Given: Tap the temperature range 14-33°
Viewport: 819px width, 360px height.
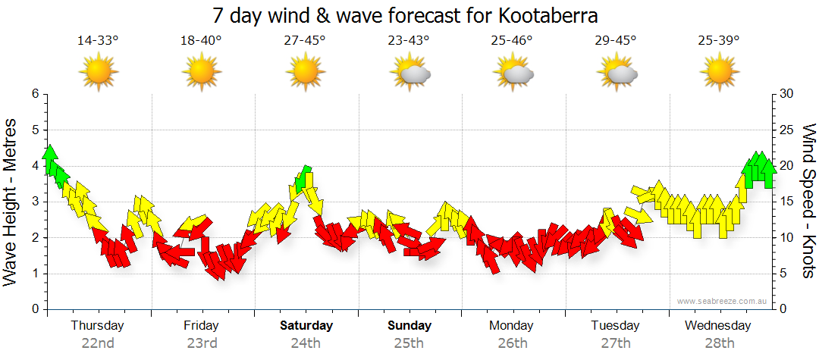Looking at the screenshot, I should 98,40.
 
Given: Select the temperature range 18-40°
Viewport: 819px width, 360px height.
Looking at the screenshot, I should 201,40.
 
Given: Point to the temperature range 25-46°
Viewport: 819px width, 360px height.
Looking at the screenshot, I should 512,40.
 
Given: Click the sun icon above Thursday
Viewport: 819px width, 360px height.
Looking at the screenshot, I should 99,73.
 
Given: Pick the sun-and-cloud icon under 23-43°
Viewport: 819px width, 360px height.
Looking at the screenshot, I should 410,73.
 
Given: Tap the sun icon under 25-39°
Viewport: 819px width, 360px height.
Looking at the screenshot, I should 719,73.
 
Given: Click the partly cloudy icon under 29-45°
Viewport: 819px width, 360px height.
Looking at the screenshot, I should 617,73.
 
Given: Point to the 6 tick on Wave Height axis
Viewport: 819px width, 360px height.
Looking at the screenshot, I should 35,94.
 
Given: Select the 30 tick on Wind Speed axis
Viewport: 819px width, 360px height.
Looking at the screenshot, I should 788,94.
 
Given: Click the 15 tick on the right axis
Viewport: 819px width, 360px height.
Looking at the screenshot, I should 788,202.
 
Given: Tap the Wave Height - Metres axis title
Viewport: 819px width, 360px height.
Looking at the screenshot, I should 11,202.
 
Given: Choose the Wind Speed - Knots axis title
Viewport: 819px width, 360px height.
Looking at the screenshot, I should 808,202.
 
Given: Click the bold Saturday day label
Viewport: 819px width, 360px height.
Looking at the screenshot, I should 306,326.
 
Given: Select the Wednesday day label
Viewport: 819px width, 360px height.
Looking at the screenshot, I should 717,326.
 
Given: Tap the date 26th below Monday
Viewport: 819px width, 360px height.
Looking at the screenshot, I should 512,343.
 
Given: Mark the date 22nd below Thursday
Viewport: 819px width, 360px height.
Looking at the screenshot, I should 98,343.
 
